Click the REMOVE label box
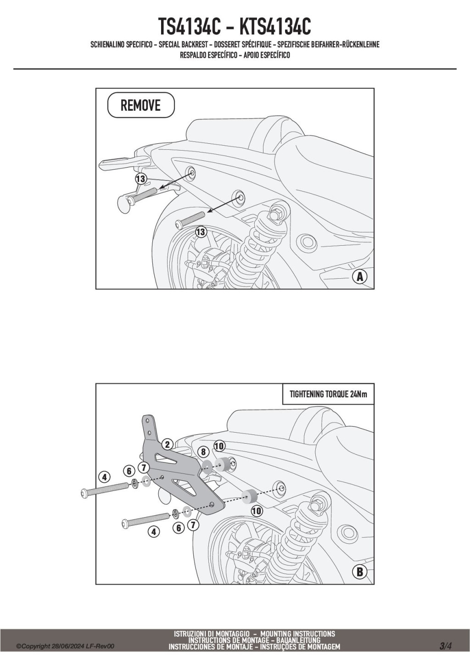coord(141,105)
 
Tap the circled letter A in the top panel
coord(360,276)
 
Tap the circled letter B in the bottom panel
coord(360,572)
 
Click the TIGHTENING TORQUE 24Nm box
coord(328,394)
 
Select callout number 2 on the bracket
coord(168,444)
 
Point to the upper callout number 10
coord(219,445)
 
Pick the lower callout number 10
coord(256,510)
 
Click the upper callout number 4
coord(105,477)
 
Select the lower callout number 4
coord(153,532)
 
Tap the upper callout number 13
coord(140,178)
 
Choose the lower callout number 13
coord(201,232)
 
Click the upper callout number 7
coord(144,468)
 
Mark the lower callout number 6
coord(179,528)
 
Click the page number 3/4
coord(445,646)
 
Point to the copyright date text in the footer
coord(65,647)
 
